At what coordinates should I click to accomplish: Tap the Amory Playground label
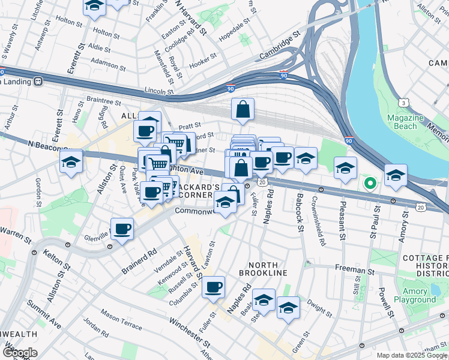(415, 295)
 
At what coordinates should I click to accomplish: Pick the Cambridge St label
(279, 47)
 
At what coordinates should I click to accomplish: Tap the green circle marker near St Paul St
(370, 183)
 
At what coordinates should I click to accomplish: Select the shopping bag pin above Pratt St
(243, 109)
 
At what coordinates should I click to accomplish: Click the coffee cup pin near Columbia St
(213, 287)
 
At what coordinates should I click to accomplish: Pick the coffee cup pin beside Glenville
(122, 229)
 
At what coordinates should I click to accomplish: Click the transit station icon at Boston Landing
(38, 80)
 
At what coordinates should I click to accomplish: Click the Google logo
(20, 353)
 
